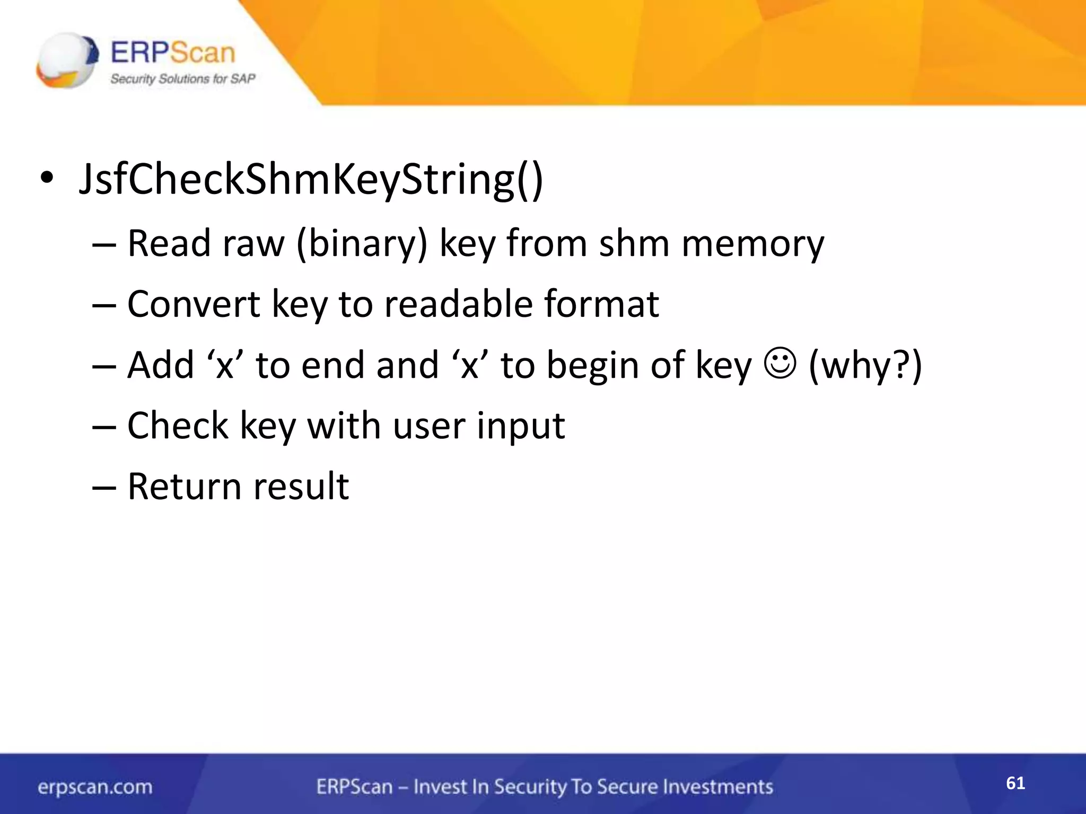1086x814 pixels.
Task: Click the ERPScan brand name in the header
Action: tap(172, 52)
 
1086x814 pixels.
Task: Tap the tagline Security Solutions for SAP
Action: tap(182, 79)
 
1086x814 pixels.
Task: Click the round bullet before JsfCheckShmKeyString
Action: tap(47, 179)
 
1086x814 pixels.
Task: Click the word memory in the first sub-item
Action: tap(752, 244)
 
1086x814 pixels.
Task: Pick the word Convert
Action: tap(194, 304)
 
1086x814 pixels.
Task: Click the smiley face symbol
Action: tap(780, 364)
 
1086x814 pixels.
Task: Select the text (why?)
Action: tap(865, 365)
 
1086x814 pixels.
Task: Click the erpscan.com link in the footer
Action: tap(95, 787)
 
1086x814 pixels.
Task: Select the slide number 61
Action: tap(1015, 783)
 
